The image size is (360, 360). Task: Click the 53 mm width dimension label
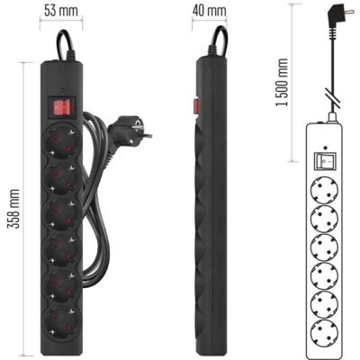click(61, 11)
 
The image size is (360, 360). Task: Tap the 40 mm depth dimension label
click(210, 11)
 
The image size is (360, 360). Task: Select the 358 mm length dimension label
click(13, 209)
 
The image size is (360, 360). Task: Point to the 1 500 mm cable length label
click(282, 83)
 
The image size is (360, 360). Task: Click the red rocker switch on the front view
click(61, 107)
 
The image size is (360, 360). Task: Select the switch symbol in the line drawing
click(325, 161)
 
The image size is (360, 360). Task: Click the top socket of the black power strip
click(61, 140)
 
